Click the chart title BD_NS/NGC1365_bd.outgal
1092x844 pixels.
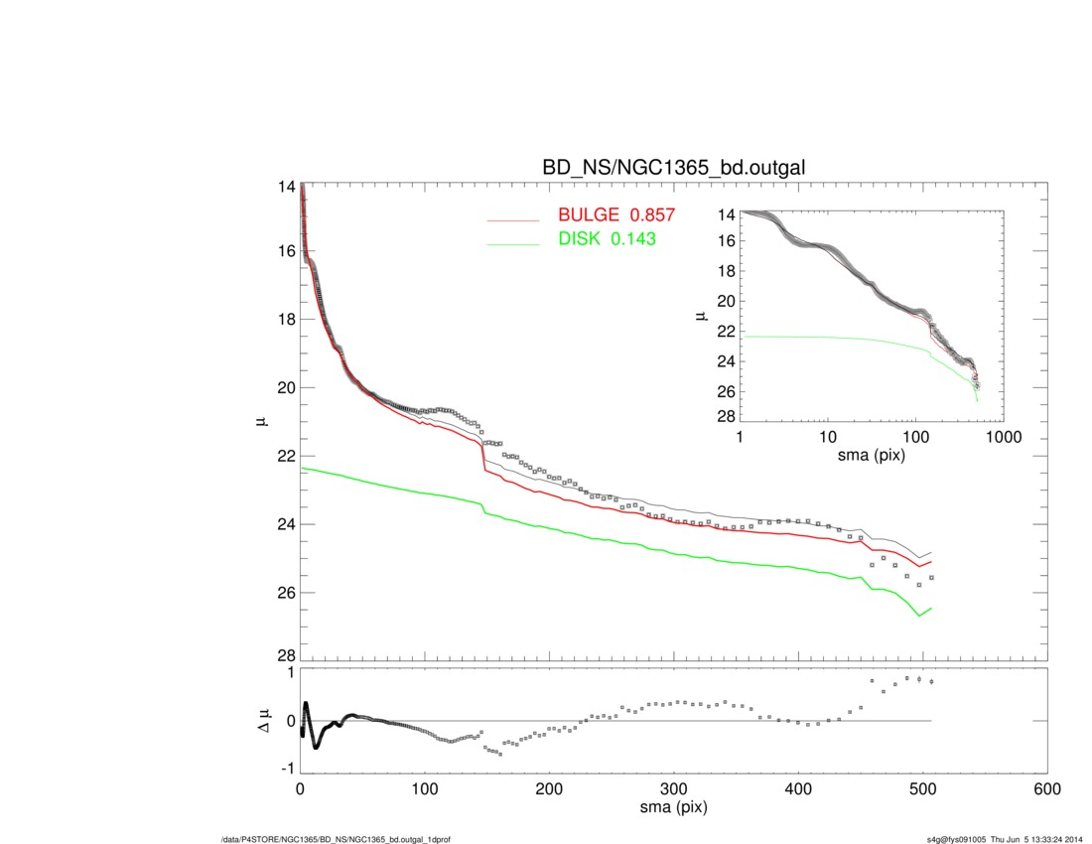[x=673, y=169]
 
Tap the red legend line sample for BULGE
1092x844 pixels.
[x=512, y=218]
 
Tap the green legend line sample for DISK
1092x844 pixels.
[x=512, y=240]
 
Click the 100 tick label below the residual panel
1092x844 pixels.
[x=425, y=789]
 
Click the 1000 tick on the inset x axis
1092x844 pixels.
[x=1003, y=438]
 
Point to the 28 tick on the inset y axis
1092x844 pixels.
[x=725, y=415]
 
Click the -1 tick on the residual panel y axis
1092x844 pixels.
[x=286, y=769]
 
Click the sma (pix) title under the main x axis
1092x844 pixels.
[x=673, y=808]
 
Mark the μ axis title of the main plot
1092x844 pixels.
[x=262, y=421]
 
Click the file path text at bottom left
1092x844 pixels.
[x=337, y=840]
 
